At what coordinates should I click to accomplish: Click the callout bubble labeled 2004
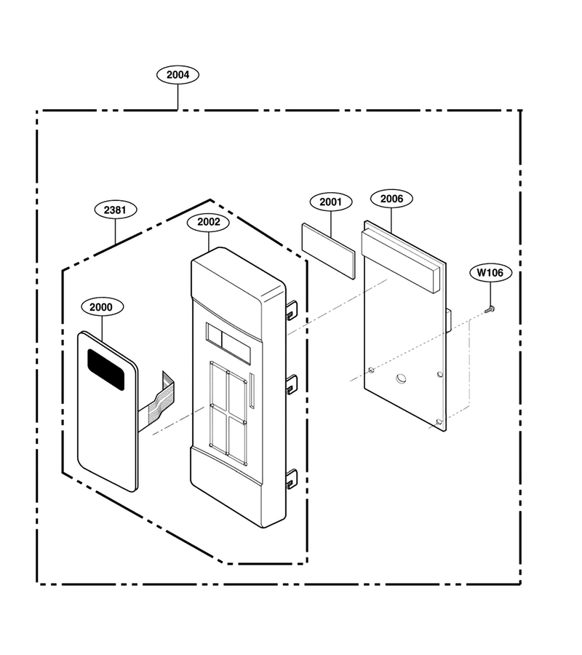pos(178,75)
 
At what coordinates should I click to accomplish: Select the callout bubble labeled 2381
pos(115,210)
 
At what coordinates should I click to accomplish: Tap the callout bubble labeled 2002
pos(208,222)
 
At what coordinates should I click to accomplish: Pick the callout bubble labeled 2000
pos(101,307)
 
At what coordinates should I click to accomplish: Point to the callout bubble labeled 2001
pos(331,202)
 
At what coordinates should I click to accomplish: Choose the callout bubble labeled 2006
pos(391,199)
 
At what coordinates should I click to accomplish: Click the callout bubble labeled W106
pos(490,273)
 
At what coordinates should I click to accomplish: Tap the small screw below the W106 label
pos(490,309)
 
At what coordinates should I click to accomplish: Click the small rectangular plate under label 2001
pos(328,250)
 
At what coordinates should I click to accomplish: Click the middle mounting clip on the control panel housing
pos(292,384)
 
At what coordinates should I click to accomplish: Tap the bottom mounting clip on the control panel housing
pos(292,479)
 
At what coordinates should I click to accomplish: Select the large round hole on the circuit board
pos(401,378)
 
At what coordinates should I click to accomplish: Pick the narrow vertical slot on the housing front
pos(252,391)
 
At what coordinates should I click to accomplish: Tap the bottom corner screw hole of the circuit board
pos(439,422)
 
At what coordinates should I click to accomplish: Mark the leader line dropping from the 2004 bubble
pos(178,97)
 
